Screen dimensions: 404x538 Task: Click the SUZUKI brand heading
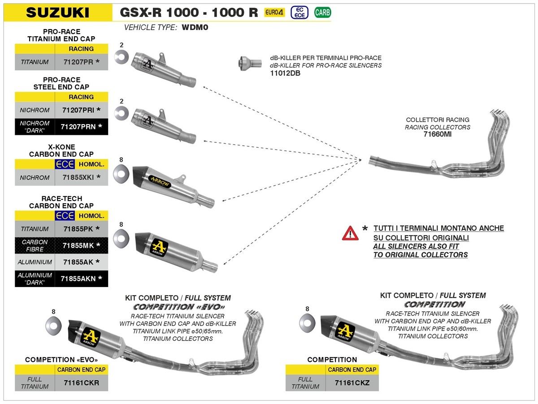57,12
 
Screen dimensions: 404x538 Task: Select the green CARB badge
322,12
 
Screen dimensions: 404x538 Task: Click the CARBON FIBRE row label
35,245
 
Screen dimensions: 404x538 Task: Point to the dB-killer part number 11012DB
285,73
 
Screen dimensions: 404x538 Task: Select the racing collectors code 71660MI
438,134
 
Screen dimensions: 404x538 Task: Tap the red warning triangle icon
350,233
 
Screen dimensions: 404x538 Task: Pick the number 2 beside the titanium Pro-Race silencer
121,45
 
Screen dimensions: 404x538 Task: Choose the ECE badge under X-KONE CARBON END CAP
64,164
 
